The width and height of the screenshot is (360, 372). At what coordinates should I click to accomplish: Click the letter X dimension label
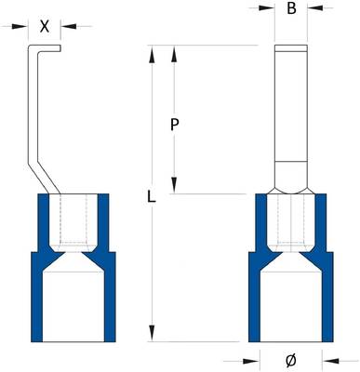click(44, 26)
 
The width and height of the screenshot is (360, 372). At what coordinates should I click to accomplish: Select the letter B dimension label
click(291, 10)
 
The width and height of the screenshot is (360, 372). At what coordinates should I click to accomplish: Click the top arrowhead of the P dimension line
click(174, 52)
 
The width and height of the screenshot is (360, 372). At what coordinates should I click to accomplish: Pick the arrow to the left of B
click(267, 10)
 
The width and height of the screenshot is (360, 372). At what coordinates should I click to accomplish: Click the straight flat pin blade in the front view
click(291, 102)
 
